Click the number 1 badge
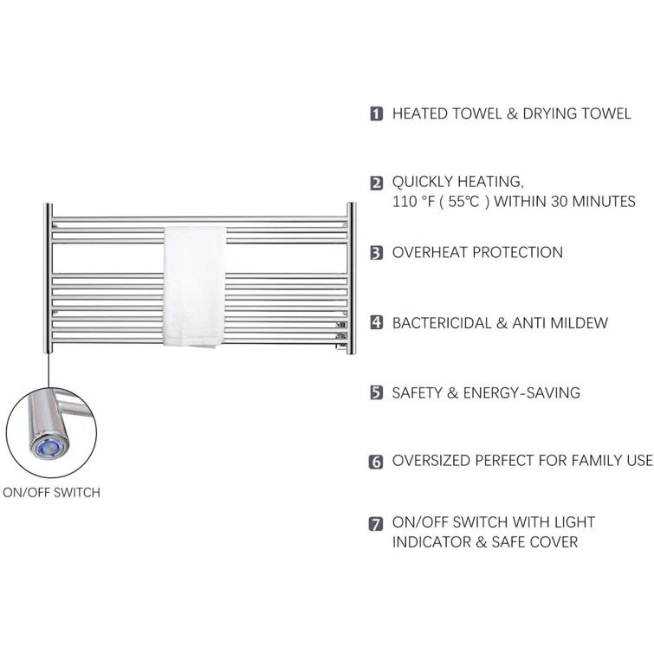click(376, 113)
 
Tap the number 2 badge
click(376, 183)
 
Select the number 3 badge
click(376, 253)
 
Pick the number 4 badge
click(376, 322)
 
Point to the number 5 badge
click(376, 392)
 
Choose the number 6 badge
click(376, 462)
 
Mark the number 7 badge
click(376, 524)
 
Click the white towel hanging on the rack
click(194, 287)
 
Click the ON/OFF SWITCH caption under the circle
click(51, 493)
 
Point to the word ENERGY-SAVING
click(521, 393)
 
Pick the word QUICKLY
click(423, 182)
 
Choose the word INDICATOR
click(431, 542)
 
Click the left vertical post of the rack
click(49, 278)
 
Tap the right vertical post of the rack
click(351, 278)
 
